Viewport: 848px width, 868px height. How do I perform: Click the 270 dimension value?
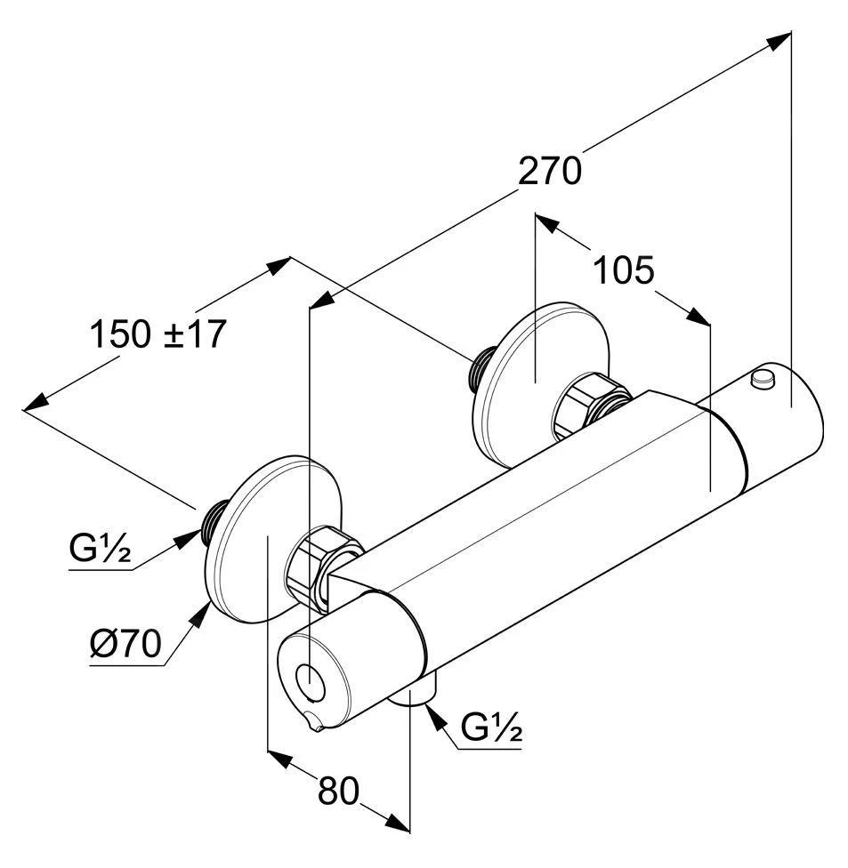pos(550,171)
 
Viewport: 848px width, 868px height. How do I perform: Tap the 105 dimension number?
pos(624,269)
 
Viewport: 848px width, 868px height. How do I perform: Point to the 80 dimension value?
pos(338,791)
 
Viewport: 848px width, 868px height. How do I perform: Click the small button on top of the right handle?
pos(763,380)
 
